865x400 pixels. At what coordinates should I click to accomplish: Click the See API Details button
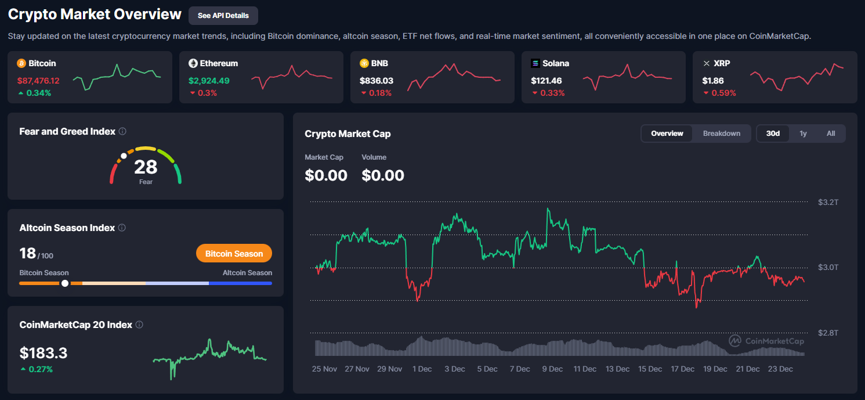pos(223,16)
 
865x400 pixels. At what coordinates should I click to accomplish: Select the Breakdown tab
pos(721,134)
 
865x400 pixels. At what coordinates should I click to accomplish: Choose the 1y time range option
pos(803,134)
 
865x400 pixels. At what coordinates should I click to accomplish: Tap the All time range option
pos(831,134)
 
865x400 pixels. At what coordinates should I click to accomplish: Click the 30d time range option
pos(773,134)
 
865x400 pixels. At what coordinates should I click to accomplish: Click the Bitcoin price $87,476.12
pos(38,81)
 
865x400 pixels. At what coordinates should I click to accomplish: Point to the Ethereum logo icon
pos(193,63)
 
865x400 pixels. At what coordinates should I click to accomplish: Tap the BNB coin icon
pos(364,63)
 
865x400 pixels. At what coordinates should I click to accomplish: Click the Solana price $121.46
pos(546,81)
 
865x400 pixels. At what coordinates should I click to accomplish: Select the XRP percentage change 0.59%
pos(723,93)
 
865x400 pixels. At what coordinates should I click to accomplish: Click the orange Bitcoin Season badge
pos(234,254)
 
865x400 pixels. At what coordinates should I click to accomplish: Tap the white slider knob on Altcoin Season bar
pos(65,283)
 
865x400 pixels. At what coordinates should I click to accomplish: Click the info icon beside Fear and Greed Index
pos(122,131)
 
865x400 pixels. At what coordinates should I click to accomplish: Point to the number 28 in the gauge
pos(146,167)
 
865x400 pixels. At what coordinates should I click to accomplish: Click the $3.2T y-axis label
pos(828,202)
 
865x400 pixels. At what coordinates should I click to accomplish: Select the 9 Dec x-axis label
pos(552,369)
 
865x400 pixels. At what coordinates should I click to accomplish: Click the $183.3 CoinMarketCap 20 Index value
pos(44,353)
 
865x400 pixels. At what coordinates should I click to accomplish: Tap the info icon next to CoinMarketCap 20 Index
pos(139,325)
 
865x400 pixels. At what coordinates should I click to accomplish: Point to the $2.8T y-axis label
pos(828,333)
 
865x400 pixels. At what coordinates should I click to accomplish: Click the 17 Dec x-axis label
pos(682,369)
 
